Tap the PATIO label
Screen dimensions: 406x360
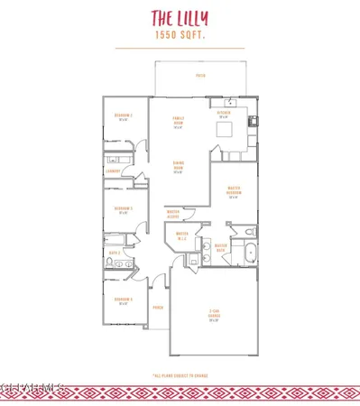(199, 77)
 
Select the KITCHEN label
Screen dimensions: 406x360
(223, 114)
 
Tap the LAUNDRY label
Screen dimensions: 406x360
(113, 170)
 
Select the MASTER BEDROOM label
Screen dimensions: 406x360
(233, 193)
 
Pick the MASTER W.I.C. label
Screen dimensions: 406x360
(181, 237)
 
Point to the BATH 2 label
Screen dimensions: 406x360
(115, 254)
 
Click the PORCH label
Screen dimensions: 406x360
(157, 308)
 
